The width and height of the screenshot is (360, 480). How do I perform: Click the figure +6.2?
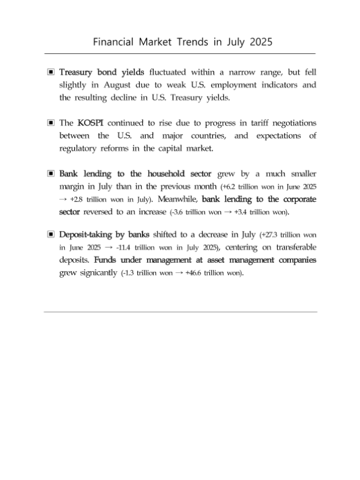(233, 187)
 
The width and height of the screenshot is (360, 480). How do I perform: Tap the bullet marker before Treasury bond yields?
(51, 72)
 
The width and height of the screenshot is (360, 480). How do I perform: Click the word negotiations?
(292, 123)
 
